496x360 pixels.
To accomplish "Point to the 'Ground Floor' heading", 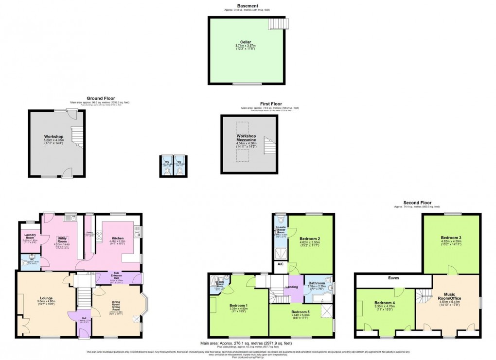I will point(101,98).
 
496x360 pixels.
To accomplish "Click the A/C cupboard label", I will point(280,265).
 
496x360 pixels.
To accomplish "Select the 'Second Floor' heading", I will point(417,202).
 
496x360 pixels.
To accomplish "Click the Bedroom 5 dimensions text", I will point(301,316).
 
